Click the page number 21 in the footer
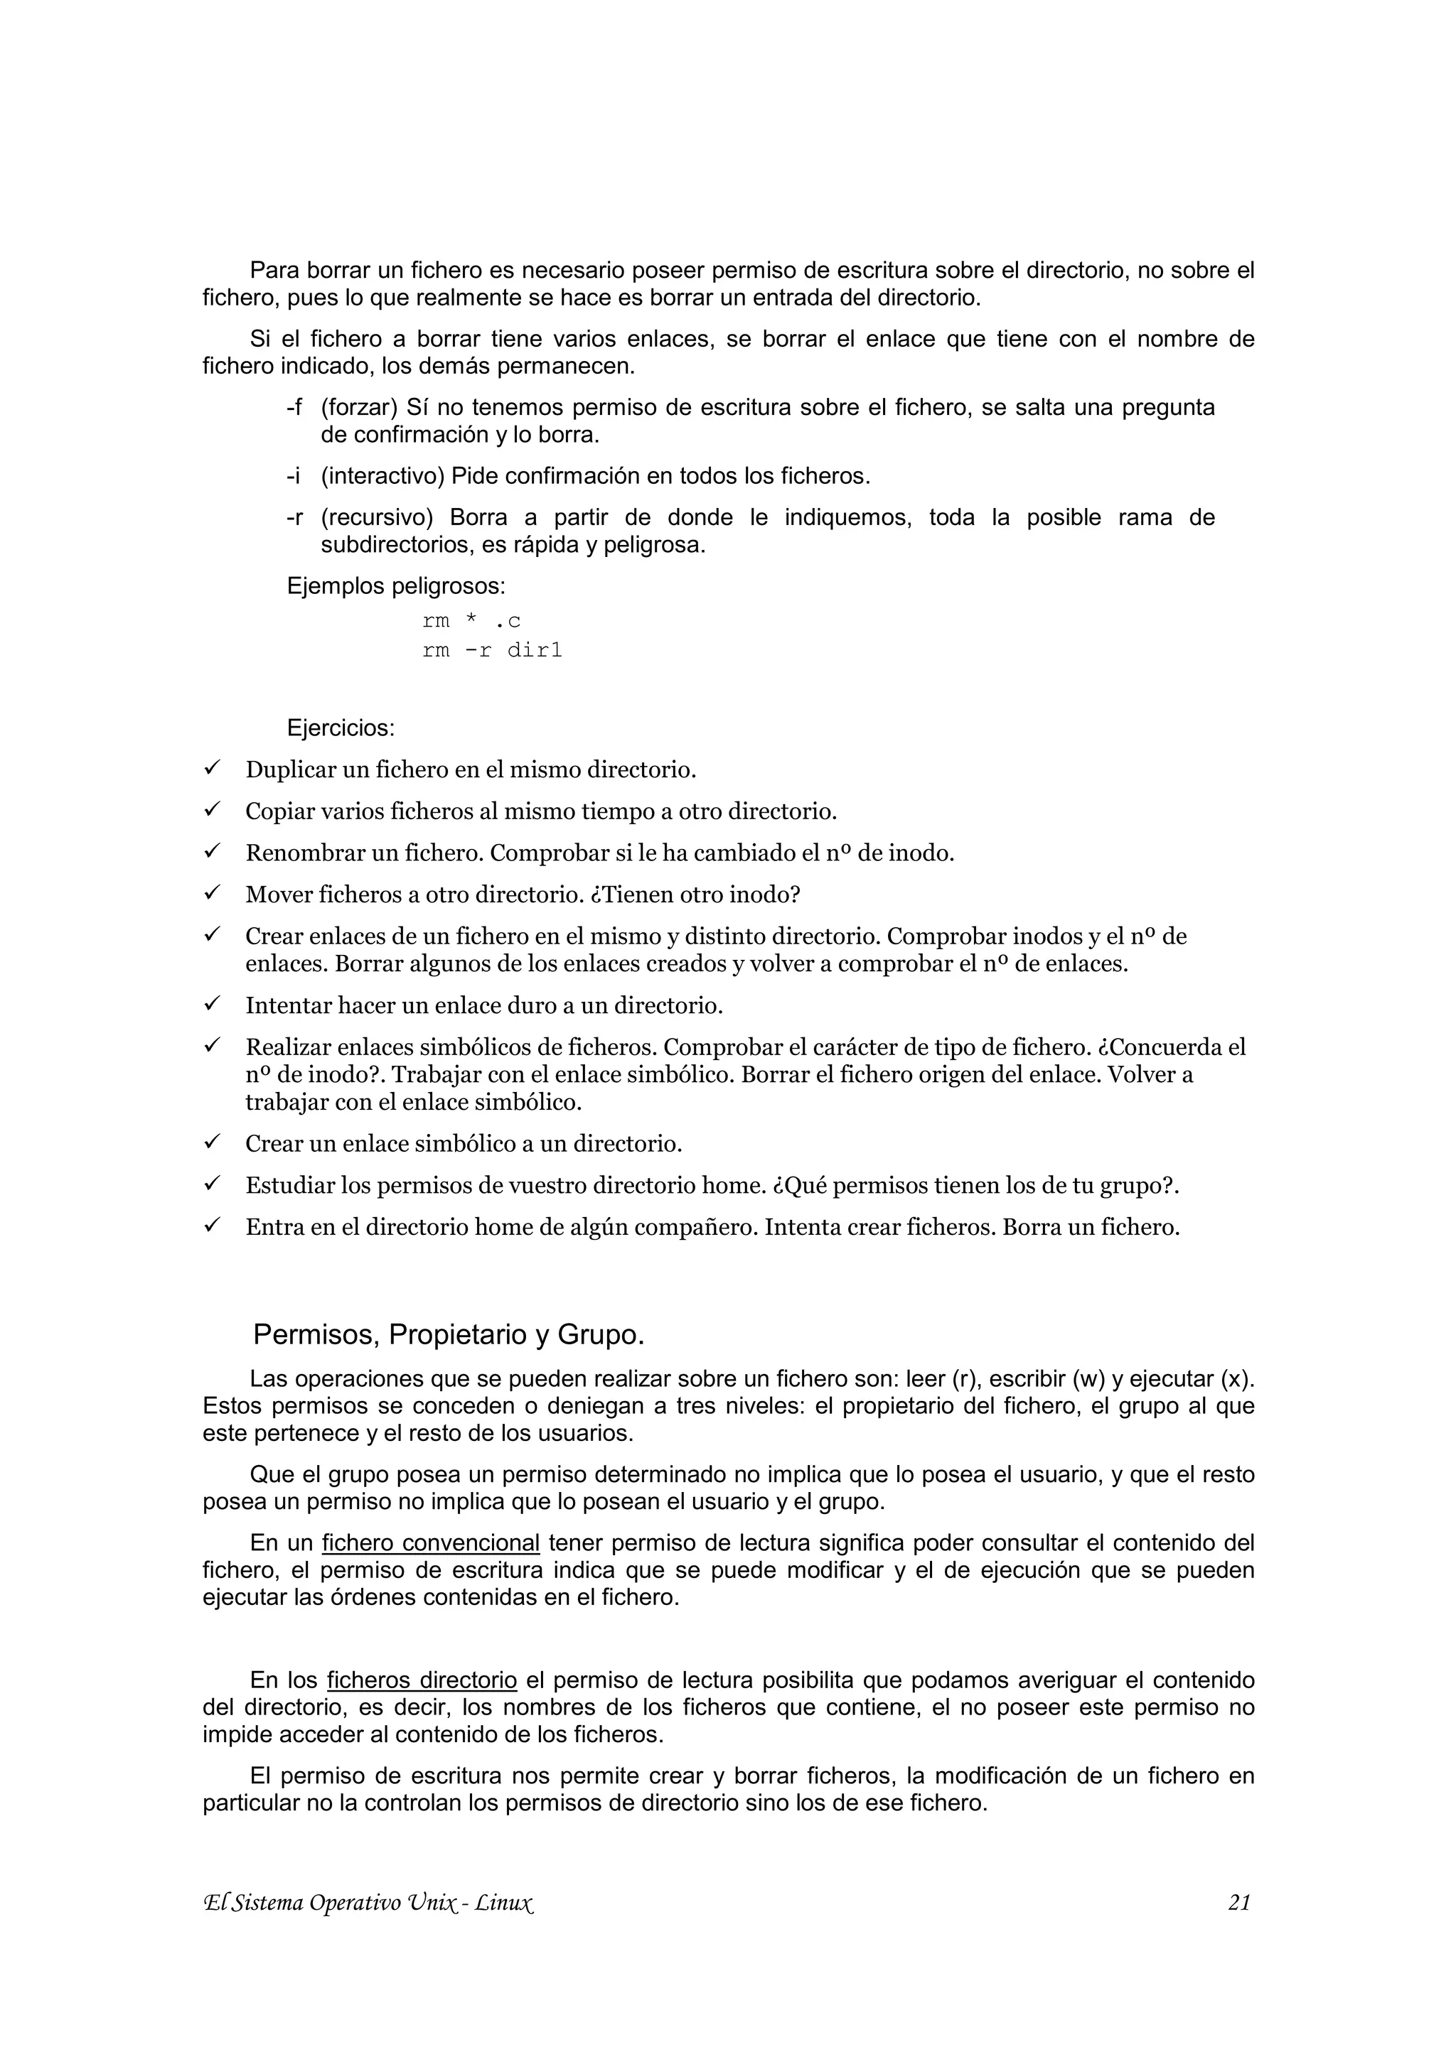pos(1239,1927)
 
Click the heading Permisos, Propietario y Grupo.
pos(449,1334)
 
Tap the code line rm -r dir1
pos(491,650)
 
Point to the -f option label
pos(294,408)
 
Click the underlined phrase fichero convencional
pos(431,1543)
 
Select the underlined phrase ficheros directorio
pos(422,1680)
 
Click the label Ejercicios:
pos(341,728)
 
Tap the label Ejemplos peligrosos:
pos(395,586)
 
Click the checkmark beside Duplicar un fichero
pos(213,769)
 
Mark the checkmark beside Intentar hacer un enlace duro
pos(213,1005)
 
